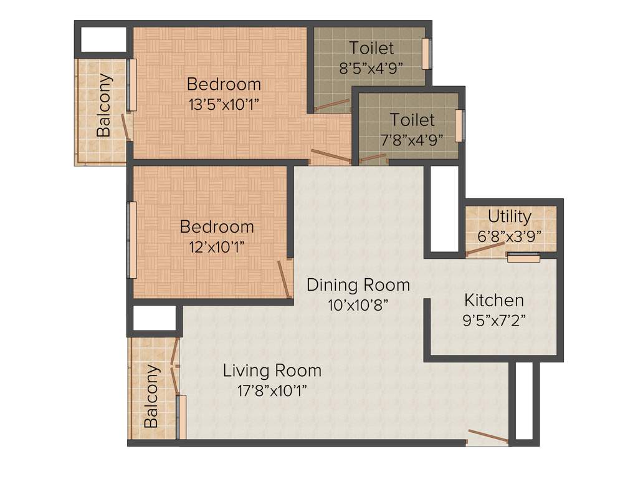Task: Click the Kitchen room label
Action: coord(493,300)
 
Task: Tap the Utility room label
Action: coord(510,216)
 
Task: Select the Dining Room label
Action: coord(358,285)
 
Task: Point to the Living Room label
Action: coord(272,370)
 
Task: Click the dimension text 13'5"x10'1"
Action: coord(224,104)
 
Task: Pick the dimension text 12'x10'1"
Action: coord(216,246)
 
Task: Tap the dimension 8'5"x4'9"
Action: coord(371,68)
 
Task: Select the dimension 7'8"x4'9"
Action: coord(412,139)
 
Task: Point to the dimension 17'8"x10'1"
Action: coord(272,391)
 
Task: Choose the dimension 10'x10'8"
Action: coord(358,305)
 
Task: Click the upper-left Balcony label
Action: coord(104,105)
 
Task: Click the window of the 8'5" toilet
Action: coord(426,54)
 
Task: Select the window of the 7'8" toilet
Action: coord(460,125)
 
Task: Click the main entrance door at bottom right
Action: coord(487,437)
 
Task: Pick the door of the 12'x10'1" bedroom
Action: coord(284,278)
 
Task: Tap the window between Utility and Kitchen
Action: coord(523,256)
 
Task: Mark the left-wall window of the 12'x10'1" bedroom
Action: coord(132,240)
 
